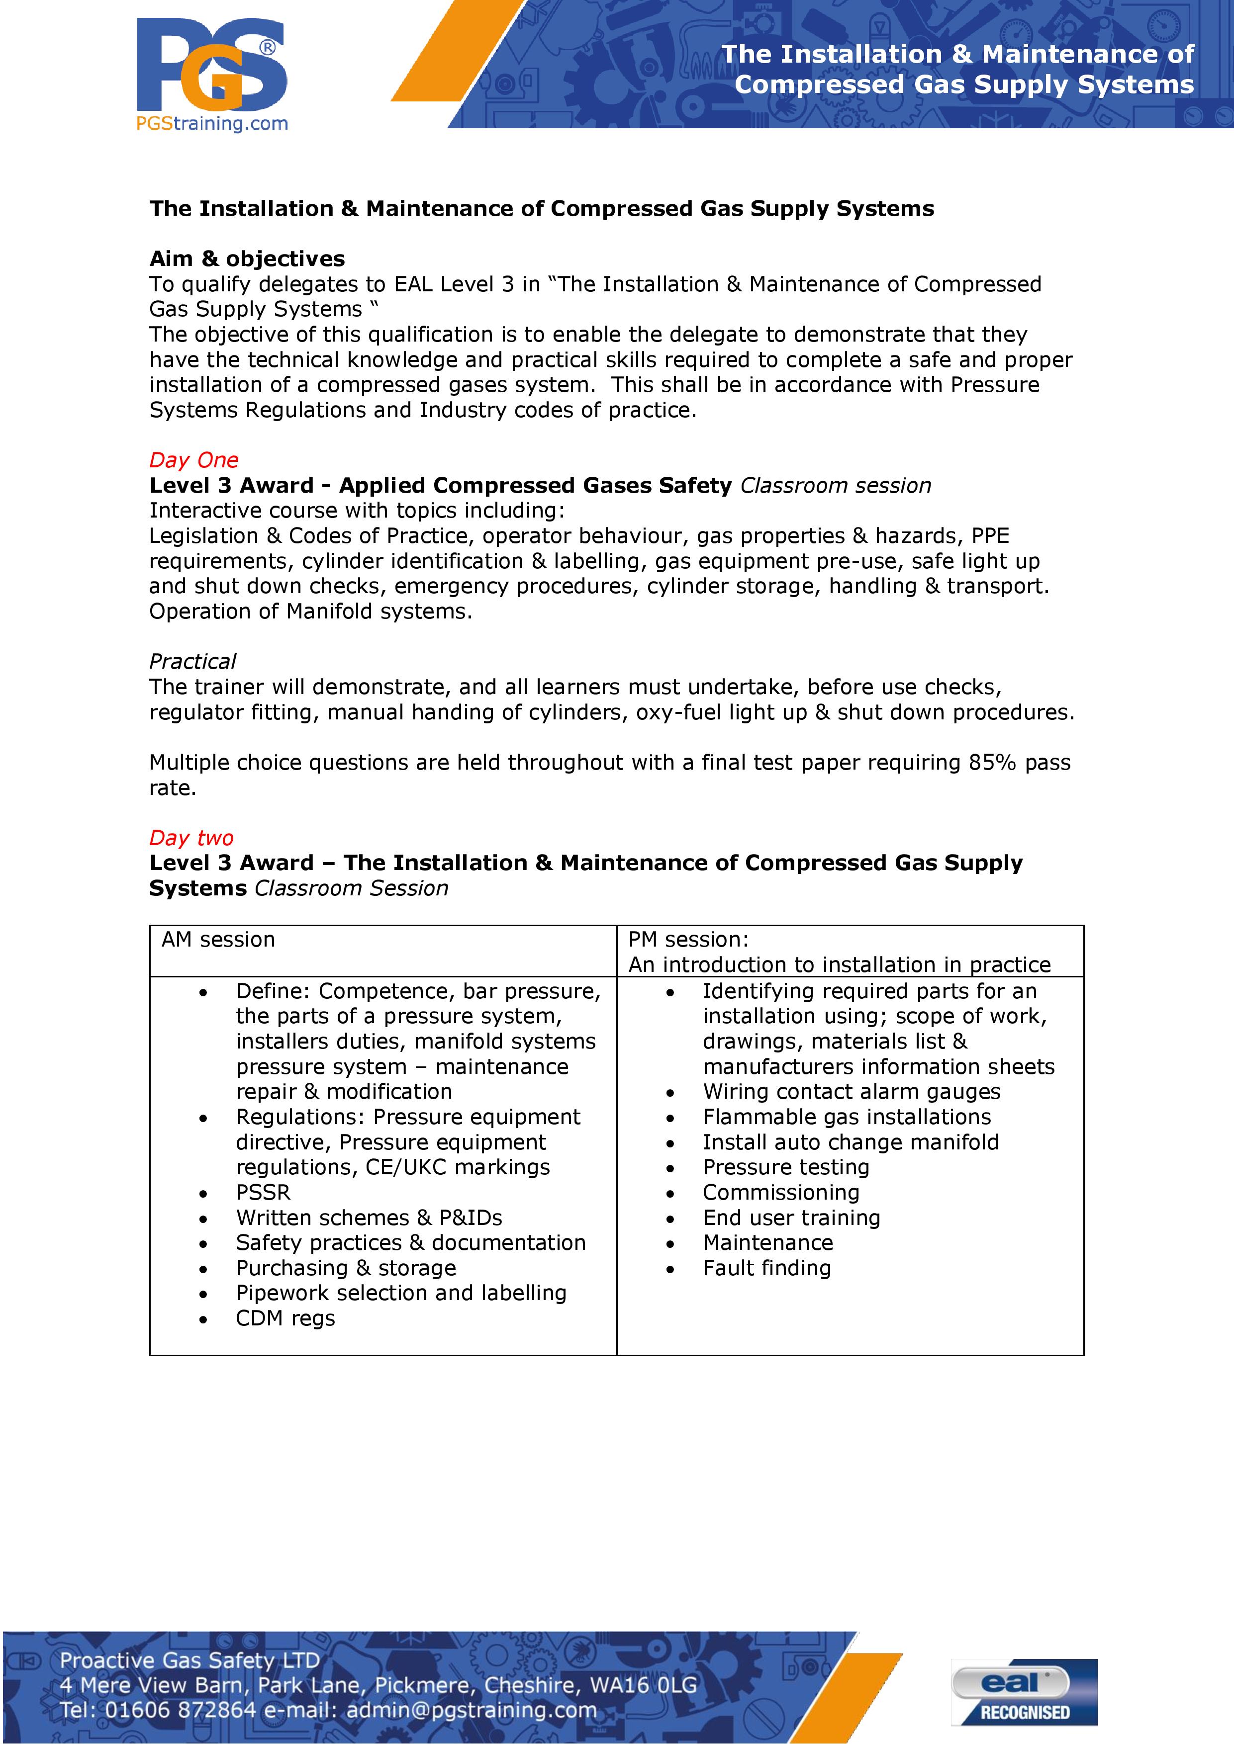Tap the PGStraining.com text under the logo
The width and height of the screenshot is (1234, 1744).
[x=212, y=123]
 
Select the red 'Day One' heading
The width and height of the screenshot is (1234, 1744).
[x=194, y=460]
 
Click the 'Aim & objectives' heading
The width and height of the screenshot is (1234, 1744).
[x=247, y=259]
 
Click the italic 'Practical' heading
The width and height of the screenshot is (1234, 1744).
[x=192, y=662]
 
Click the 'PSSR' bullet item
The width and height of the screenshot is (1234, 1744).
[x=263, y=1193]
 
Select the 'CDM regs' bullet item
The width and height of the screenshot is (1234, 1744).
[x=285, y=1318]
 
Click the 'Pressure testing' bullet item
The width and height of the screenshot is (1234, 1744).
[x=786, y=1167]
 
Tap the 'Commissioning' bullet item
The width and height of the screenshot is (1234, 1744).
[x=781, y=1193]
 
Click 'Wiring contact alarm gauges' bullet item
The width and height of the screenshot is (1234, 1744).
[x=851, y=1092]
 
